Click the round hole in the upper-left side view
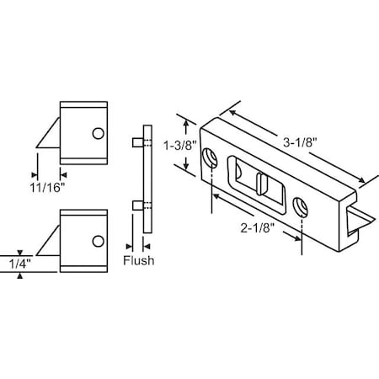coord(99,133)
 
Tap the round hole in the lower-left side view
coord(99,243)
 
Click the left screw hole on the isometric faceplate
coord(209,154)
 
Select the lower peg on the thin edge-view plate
coord(136,205)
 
